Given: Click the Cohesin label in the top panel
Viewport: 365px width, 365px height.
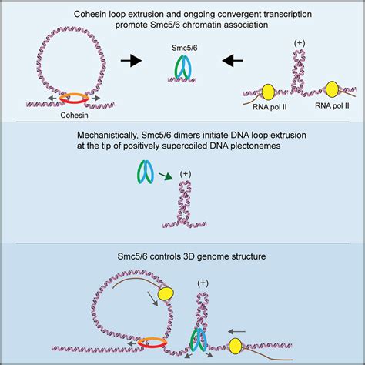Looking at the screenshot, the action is pyautogui.click(x=74, y=116).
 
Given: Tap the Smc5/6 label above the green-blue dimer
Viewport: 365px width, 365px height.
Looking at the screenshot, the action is pyautogui.click(x=185, y=48).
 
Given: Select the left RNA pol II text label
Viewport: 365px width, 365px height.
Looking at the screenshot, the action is pyautogui.click(x=270, y=107).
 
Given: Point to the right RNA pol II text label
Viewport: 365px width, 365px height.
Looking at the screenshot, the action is pyautogui.click(x=332, y=105).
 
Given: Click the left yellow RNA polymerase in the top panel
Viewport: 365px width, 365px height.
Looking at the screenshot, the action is pyautogui.click(x=268, y=92).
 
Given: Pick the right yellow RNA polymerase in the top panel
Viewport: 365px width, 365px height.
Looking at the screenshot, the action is pyautogui.click(x=333, y=89).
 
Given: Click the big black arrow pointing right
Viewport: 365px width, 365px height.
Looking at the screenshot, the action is pyautogui.click(x=131, y=61).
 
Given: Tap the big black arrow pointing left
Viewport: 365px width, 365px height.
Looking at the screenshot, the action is pyautogui.click(x=233, y=61).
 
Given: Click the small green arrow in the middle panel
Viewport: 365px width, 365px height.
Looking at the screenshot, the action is pyautogui.click(x=166, y=177).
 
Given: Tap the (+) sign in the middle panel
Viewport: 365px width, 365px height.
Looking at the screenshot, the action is pyautogui.click(x=186, y=174).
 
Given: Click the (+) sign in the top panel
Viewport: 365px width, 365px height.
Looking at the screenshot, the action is pyautogui.click(x=300, y=43).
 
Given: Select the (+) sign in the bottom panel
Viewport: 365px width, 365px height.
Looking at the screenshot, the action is pyautogui.click(x=203, y=283).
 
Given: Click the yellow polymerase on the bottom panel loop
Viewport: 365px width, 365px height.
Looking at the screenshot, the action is pyautogui.click(x=166, y=293).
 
